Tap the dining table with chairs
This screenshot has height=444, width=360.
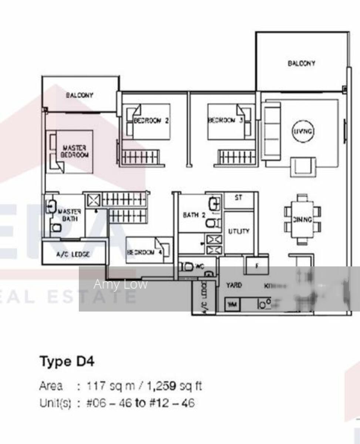coord(302,219)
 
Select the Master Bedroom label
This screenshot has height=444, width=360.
coord(74,151)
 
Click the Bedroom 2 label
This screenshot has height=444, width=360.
coord(151,120)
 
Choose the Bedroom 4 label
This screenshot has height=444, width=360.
coord(145,252)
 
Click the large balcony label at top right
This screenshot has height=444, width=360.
coord(302,63)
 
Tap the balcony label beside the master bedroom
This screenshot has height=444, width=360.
coord(80,95)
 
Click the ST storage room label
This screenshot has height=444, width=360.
coord(238,198)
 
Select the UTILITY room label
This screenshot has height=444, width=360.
coord(238,231)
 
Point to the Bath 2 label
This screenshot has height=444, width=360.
coord(194,215)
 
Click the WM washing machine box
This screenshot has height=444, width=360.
coord(232,305)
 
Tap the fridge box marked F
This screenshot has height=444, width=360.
coord(257,265)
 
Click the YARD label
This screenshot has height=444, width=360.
coord(234,285)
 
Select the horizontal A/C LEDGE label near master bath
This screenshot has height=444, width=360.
coord(73,254)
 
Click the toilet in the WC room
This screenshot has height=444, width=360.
coord(187,266)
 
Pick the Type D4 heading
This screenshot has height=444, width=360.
coord(67,361)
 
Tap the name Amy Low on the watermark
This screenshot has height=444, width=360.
coord(120,284)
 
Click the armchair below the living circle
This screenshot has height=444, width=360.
coord(303,166)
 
